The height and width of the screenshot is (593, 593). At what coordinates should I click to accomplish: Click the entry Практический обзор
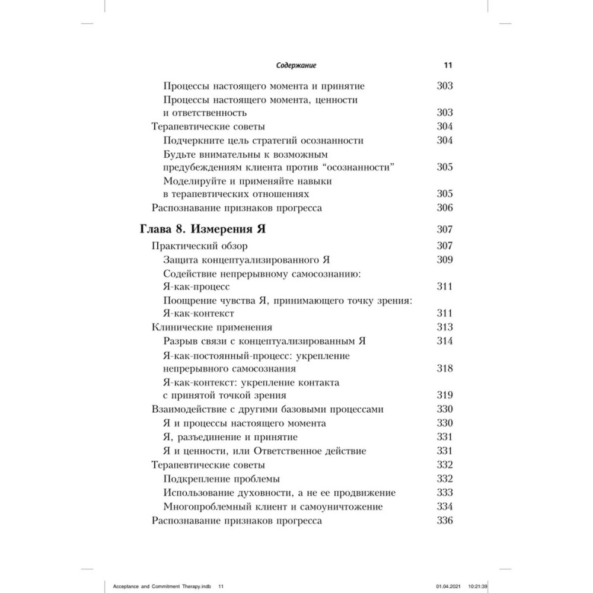tap(200, 246)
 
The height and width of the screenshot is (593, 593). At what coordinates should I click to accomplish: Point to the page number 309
tap(444, 259)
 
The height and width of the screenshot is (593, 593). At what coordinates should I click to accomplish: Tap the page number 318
tap(444, 368)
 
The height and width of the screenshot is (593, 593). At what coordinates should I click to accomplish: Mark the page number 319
tap(444, 395)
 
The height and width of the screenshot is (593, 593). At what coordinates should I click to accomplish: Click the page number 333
tap(444, 493)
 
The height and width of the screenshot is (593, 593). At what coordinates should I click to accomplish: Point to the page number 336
tap(444, 521)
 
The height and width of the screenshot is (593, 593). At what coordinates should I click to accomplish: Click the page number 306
tap(444, 208)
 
